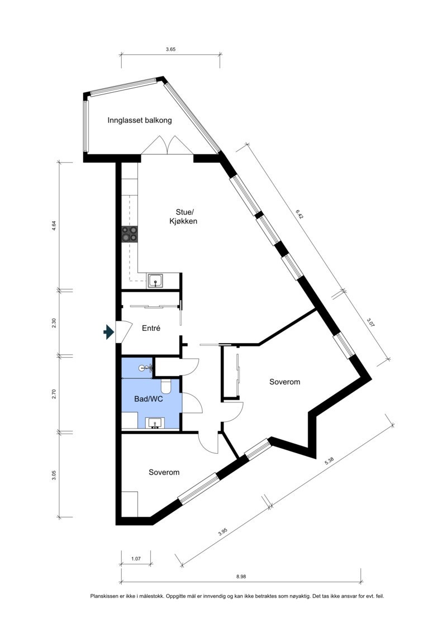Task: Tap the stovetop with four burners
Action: click(x=130, y=234)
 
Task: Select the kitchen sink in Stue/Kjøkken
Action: click(x=155, y=281)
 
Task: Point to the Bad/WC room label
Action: click(x=148, y=400)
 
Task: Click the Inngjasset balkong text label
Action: click(x=140, y=120)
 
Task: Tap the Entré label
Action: click(x=151, y=329)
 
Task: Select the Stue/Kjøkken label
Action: click(x=184, y=216)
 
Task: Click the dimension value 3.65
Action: click(x=171, y=50)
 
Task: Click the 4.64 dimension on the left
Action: click(x=54, y=226)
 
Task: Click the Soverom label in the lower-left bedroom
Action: click(x=164, y=472)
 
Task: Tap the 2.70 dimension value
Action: click(x=54, y=393)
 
